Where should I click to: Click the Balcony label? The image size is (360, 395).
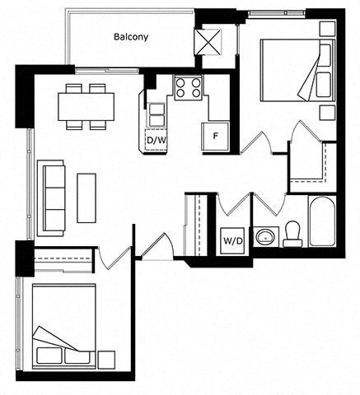pyautogui.click(x=131, y=37)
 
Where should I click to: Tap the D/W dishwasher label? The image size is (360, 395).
pyautogui.click(x=157, y=141)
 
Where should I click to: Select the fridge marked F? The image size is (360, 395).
pyautogui.click(x=215, y=137)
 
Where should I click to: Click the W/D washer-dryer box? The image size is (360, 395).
pyautogui.click(x=233, y=241)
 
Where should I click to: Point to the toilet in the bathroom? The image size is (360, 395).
pyautogui.click(x=292, y=234)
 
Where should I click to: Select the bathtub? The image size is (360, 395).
pyautogui.click(x=322, y=221)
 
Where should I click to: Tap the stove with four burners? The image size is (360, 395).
pyautogui.click(x=188, y=87)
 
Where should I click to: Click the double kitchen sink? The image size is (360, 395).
pyautogui.click(x=157, y=114)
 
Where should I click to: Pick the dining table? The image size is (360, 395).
pyautogui.click(x=86, y=107)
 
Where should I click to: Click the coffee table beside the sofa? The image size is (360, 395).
pyautogui.click(x=86, y=197)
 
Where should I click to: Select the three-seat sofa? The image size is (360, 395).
pyautogui.click(x=51, y=198)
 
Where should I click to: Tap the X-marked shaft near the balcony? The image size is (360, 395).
pyautogui.click(x=208, y=42)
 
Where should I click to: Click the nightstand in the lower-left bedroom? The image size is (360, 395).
pyautogui.click(x=106, y=360)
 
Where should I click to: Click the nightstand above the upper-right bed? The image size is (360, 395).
pyautogui.click(x=328, y=29)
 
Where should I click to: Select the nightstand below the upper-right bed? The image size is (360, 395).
pyautogui.click(x=328, y=113)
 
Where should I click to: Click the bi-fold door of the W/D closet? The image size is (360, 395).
pyautogui.click(x=233, y=204)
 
